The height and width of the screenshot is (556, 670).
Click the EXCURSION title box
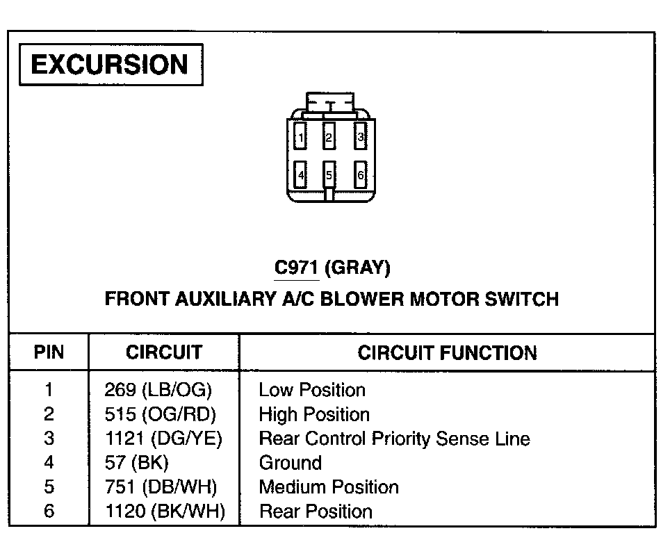point(111,65)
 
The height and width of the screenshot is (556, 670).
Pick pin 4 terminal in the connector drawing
point(300,175)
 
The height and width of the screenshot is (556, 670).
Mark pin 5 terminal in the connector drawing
point(329,175)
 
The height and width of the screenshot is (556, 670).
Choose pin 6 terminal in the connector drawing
point(360,175)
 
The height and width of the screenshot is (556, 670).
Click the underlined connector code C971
point(297,268)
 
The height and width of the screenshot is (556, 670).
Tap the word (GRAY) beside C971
point(357,268)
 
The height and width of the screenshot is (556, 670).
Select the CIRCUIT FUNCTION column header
point(447,352)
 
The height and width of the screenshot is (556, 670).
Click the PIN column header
point(49,352)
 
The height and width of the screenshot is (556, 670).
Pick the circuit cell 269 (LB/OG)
point(158,390)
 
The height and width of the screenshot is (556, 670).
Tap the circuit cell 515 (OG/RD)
point(161,415)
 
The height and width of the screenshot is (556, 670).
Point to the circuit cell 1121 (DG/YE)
point(164,439)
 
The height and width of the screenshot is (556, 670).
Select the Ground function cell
point(290,463)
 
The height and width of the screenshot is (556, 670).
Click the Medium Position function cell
point(329,487)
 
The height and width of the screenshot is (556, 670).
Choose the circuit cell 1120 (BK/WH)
point(165,512)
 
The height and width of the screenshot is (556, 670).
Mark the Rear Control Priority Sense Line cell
point(394,439)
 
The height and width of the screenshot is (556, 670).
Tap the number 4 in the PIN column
point(49,463)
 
